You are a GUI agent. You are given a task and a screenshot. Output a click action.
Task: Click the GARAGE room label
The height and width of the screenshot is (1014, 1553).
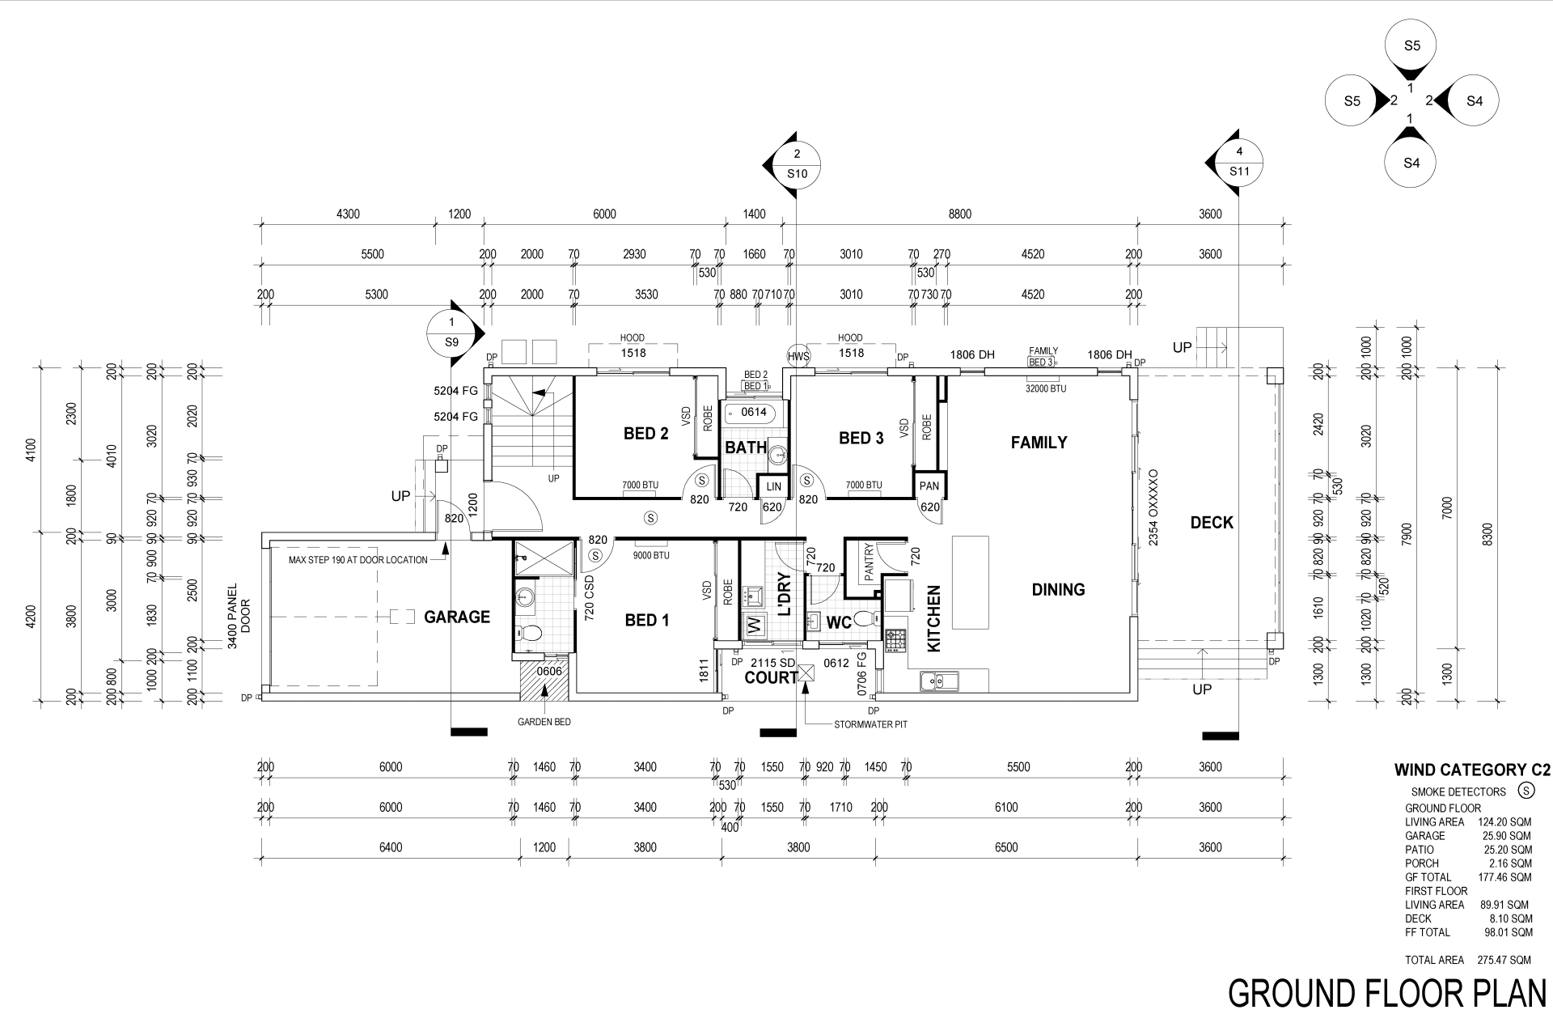coord(457,617)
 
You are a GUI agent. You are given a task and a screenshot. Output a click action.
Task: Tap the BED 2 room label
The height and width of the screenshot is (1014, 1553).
coord(645,434)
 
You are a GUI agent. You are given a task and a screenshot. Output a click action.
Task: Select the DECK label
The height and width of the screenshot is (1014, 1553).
coord(1212,523)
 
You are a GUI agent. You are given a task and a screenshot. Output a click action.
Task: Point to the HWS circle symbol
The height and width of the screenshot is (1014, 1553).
coord(798,356)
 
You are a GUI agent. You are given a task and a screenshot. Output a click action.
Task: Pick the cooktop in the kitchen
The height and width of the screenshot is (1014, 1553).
coord(895,641)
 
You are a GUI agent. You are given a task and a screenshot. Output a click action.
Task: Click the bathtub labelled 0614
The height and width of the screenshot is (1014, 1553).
coord(753,414)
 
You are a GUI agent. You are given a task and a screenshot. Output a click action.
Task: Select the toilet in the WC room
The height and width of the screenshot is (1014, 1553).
coord(864,620)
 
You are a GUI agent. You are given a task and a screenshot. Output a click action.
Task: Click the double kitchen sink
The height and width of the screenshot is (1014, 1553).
coord(938,681)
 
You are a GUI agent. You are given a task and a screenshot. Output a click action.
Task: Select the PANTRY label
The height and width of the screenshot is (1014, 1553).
coord(870,562)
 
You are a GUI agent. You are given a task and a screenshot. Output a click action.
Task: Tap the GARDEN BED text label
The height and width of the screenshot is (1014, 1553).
coord(544,722)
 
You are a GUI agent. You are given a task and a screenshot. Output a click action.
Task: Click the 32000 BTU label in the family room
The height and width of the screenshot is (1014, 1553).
coord(1047,388)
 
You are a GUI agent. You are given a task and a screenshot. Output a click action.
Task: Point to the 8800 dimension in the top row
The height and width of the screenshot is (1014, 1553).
coord(959,214)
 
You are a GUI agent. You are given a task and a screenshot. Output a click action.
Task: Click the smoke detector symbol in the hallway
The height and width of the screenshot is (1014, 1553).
coord(650,517)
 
